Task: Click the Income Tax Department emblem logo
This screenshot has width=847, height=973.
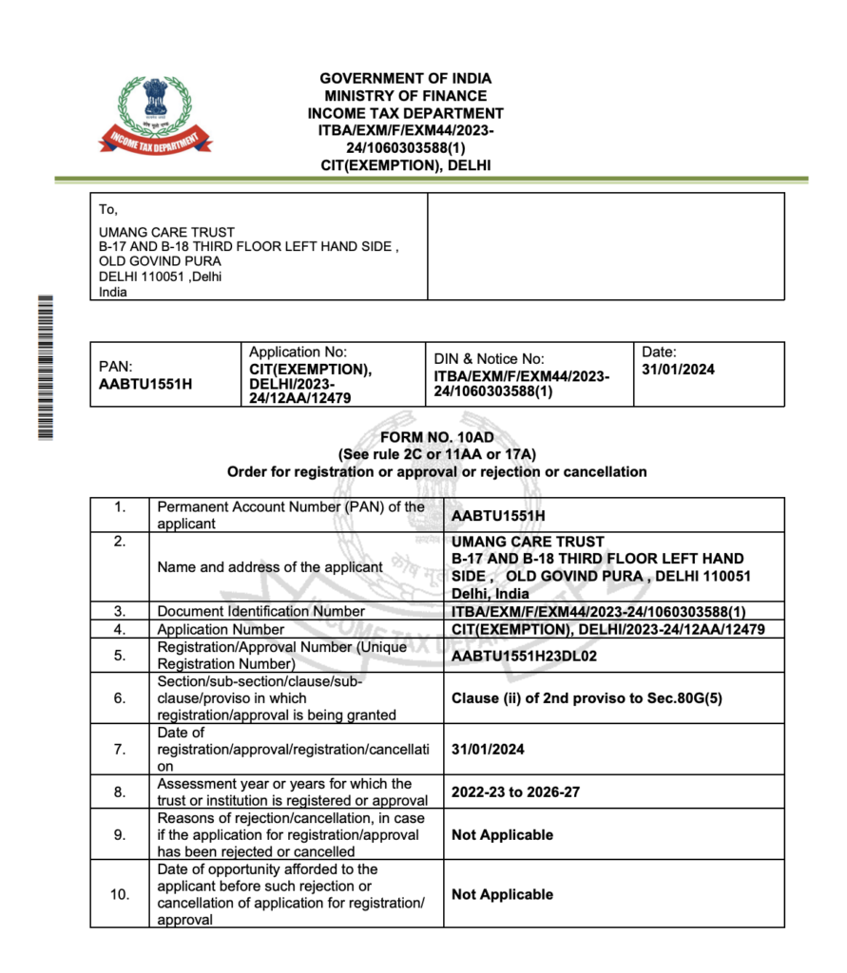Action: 155,115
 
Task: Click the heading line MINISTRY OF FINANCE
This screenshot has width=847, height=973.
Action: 405,96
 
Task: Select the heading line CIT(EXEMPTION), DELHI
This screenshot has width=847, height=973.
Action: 406,165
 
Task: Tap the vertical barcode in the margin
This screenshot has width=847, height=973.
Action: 44,367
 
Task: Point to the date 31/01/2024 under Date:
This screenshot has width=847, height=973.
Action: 678,370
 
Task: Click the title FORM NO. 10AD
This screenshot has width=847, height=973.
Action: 436,438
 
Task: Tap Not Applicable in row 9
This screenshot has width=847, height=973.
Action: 502,834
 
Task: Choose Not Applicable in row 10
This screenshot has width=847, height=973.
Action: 502,894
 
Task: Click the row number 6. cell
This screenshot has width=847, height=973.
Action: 120,697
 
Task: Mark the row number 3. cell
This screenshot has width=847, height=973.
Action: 120,611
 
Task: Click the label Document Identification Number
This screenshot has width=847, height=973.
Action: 260,611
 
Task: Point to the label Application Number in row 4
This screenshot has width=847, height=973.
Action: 221,629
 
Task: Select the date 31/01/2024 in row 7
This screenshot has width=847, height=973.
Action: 488,750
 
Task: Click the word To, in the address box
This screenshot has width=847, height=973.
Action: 108,210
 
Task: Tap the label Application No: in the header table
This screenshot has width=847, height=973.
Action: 298,353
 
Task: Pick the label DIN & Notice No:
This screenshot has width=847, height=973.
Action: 489,358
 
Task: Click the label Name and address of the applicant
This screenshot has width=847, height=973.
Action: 270,566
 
